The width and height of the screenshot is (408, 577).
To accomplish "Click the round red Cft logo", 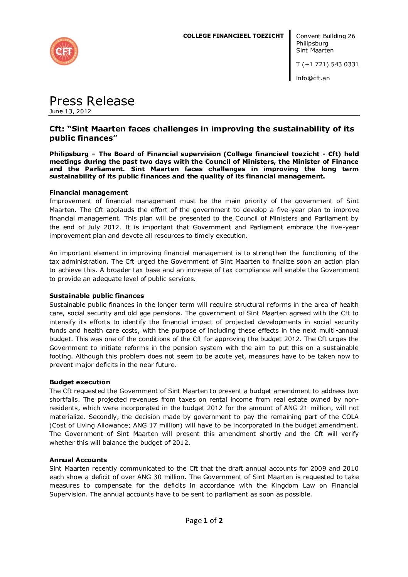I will tap(64, 51).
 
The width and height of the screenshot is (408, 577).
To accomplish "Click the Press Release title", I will tap(92, 101).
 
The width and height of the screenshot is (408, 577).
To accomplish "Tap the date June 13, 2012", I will tap(70, 111).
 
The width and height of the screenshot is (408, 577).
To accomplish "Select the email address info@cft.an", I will tap(313, 78).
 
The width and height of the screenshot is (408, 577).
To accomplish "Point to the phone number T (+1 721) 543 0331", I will tap(327, 64).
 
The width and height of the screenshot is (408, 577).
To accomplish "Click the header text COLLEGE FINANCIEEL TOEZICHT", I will tap(233, 36).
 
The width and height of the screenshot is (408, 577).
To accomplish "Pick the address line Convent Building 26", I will tap(325, 36).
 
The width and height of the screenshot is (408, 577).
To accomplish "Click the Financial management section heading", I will tap(88, 193).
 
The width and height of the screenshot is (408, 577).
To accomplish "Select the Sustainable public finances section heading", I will tap(96, 296).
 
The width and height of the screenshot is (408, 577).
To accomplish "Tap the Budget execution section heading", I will tap(79, 382).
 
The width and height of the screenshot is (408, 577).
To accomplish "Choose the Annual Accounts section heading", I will tap(78, 460).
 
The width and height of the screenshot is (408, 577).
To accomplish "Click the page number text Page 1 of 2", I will tap(204, 521).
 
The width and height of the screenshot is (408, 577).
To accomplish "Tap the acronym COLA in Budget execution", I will tap(350, 417).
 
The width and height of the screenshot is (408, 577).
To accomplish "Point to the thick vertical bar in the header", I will tap(290, 56).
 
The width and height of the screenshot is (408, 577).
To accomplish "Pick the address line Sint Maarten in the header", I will tap(315, 50).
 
